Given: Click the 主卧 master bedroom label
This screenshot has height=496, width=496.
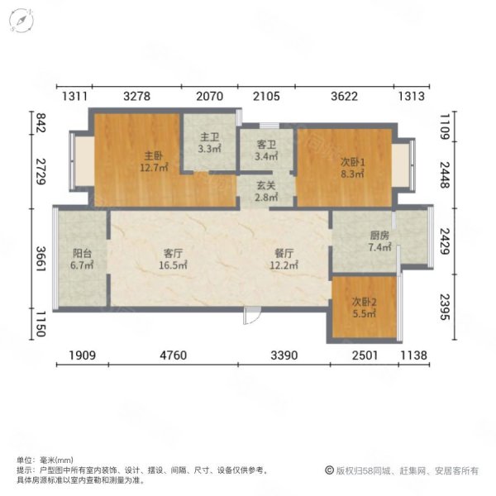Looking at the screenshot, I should coord(153,155).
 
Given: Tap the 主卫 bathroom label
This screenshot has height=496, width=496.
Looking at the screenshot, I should coord(208,138).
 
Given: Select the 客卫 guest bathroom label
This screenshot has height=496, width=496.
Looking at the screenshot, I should coord(266,144).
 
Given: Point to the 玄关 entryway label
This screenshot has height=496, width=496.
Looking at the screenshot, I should coord(265,187).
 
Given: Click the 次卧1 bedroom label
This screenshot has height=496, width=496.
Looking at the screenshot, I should coord(352,162).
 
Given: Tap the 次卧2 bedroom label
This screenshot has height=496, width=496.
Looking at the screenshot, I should coord(365,302).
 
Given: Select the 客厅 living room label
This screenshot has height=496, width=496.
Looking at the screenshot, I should coord(173,254).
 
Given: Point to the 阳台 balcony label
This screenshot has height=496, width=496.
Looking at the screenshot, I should coord(82,254).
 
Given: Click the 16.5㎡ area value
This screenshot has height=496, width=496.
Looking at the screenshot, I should coord(173,266).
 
